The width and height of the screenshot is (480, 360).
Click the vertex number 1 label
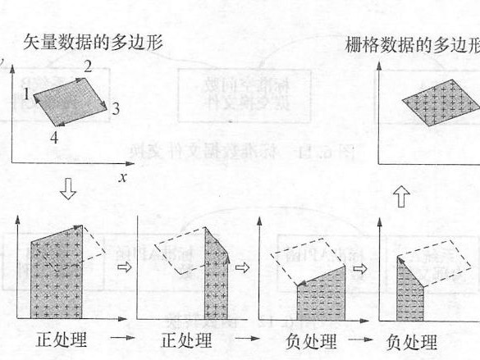pyautogui.click(x=26, y=94)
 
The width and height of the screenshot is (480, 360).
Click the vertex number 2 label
pyautogui.click(x=87, y=65)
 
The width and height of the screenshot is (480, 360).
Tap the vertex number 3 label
pyautogui.click(x=117, y=108)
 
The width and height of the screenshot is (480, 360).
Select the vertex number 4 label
pyautogui.click(x=53, y=137)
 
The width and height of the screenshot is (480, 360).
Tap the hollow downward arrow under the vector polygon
pyautogui.click(x=70, y=191)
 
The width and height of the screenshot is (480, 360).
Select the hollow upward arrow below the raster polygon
pyautogui.click(x=401, y=197)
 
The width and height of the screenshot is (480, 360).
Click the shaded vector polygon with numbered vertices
pyautogui.click(x=72, y=99)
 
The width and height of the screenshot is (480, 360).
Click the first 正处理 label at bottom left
pyautogui.click(x=62, y=339)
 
